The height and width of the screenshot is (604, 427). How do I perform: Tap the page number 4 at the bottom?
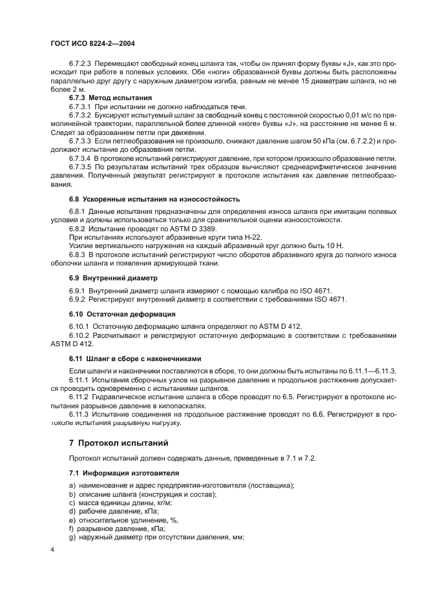53,549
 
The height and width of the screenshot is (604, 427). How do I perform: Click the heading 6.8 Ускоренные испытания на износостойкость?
154,199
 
